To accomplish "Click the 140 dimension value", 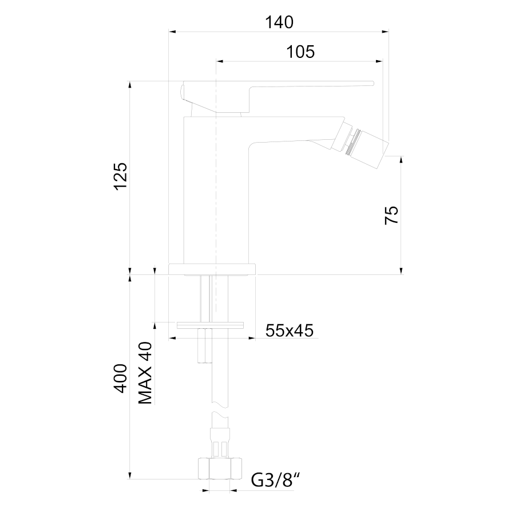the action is tap(279, 22).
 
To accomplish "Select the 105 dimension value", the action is tap(300, 52).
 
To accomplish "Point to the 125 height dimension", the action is tap(121, 176).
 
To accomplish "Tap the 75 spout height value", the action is tap(391, 215).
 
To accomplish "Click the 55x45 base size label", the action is tap(290, 331).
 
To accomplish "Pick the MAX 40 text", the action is tap(145, 373).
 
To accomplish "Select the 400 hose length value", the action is tap(120, 378).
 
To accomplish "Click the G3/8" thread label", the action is tap(275, 481).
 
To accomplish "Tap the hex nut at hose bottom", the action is tap(220, 468).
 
